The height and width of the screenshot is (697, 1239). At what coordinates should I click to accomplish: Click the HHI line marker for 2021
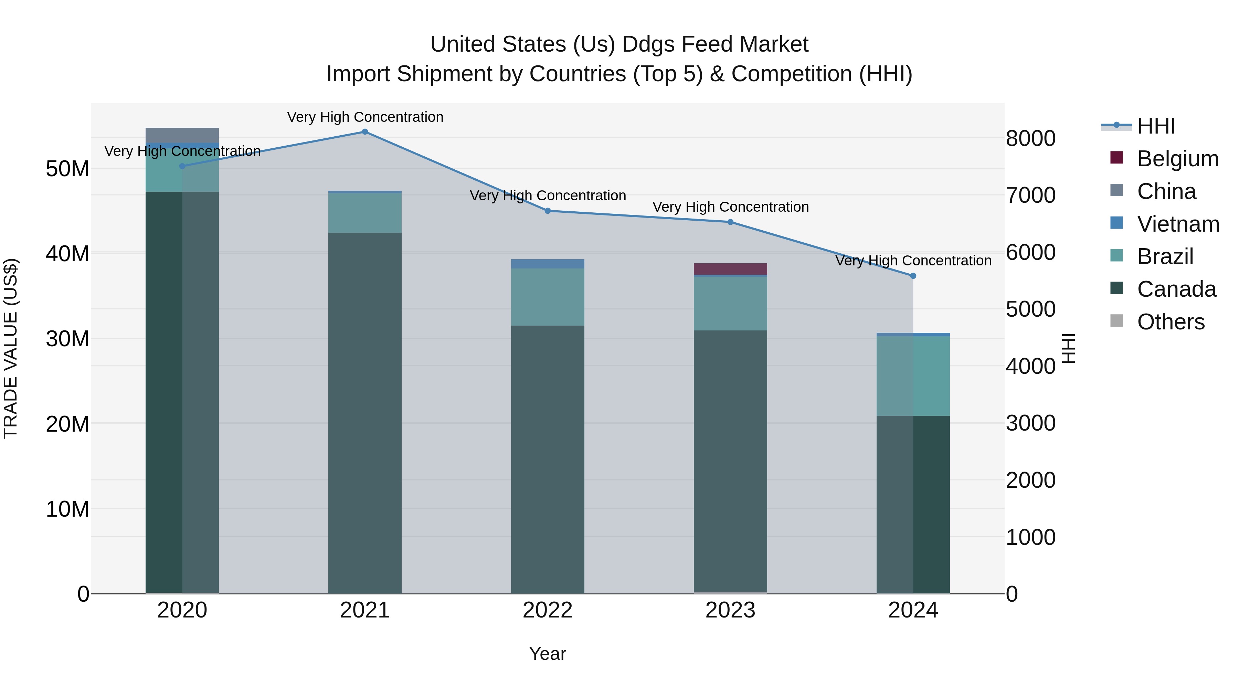364,132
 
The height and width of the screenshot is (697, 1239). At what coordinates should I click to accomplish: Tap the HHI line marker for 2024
913,276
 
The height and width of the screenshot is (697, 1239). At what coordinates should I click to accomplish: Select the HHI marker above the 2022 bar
547,211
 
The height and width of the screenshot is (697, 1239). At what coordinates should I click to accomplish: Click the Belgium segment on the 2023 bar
730,269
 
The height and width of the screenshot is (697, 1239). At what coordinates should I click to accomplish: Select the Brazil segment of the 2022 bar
547,297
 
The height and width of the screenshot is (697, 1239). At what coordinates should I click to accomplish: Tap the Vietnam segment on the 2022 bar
547,264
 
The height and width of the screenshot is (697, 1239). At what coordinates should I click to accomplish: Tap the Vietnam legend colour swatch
1116,223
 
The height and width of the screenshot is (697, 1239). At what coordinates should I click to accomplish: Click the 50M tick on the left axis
67,169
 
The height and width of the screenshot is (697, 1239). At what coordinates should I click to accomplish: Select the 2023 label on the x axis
730,610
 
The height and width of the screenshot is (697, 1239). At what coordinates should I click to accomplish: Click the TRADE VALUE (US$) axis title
11,348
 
